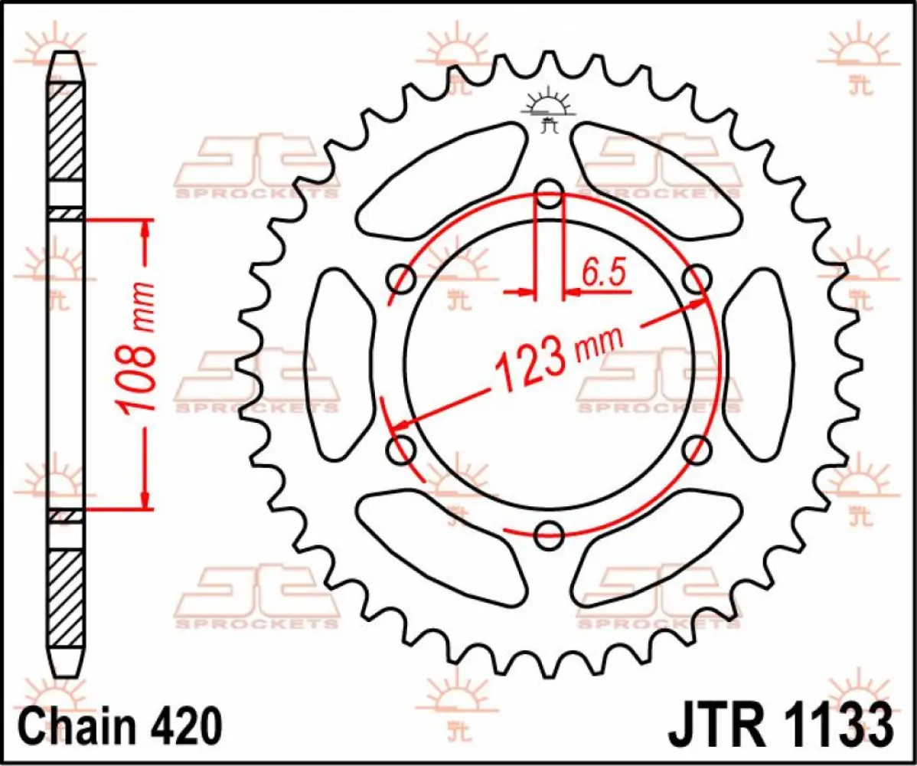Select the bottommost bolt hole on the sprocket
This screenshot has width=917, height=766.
click(x=549, y=535)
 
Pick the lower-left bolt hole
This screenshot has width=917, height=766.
click(x=401, y=450)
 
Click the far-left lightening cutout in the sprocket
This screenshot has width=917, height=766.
click(x=341, y=364)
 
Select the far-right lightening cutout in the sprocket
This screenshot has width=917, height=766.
click(x=757, y=364)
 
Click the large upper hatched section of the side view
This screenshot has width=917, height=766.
click(x=67, y=130)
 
